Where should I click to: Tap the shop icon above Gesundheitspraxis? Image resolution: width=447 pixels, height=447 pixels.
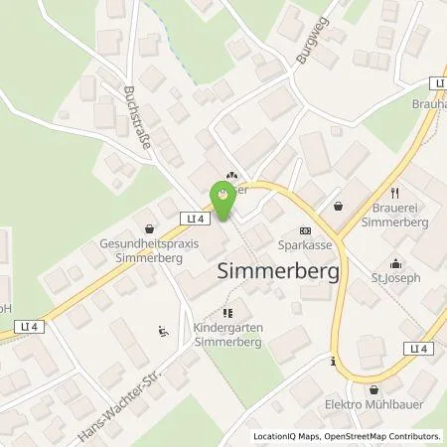[150, 226]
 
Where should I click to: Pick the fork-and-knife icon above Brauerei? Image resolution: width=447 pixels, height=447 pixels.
[395, 193]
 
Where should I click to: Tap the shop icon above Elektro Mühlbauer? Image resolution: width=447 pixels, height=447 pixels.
[374, 388]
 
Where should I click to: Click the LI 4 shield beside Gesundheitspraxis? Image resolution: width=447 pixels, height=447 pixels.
[194, 219]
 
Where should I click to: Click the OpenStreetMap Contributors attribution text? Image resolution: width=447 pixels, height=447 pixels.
[382, 436]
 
